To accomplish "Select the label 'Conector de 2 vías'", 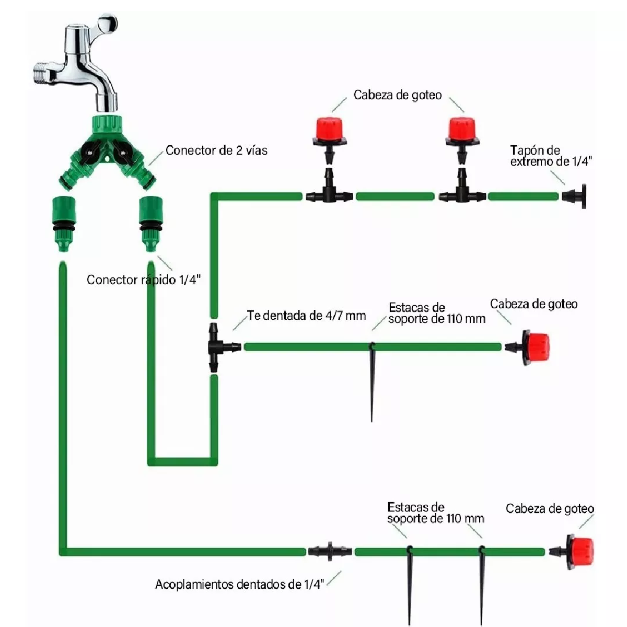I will [x=216, y=150].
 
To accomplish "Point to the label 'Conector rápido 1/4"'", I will [x=143, y=280].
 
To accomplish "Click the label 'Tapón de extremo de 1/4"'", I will [x=551, y=156].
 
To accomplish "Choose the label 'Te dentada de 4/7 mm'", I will [x=307, y=316].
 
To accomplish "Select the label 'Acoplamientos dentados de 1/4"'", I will [x=240, y=584].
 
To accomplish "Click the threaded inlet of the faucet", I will [x=43, y=73].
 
